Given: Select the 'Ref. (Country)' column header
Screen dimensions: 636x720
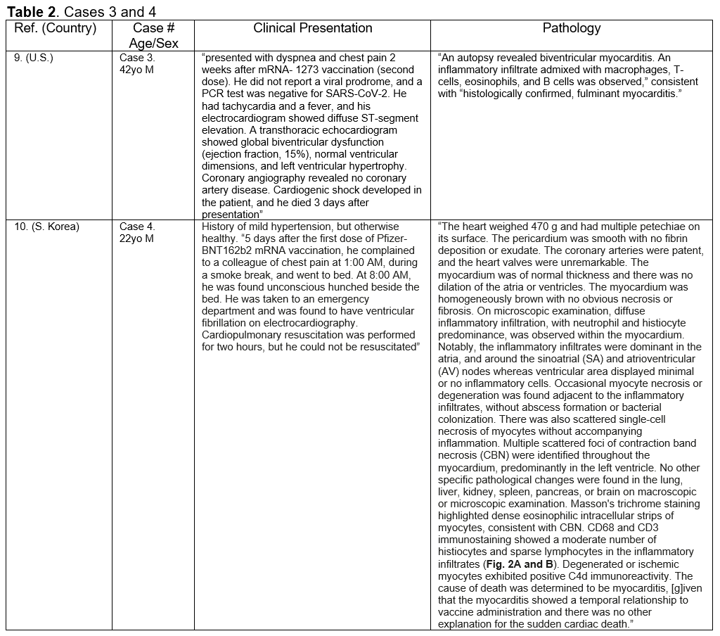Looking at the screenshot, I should click(x=55, y=29).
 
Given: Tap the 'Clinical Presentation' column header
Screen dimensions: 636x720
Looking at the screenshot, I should click(x=312, y=29).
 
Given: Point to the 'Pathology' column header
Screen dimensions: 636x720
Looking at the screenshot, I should click(x=571, y=29).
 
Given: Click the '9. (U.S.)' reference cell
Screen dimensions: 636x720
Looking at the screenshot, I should click(x=34, y=58).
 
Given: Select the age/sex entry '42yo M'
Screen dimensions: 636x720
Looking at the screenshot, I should click(x=136, y=70).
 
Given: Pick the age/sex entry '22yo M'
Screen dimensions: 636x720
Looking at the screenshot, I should click(x=136, y=238).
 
